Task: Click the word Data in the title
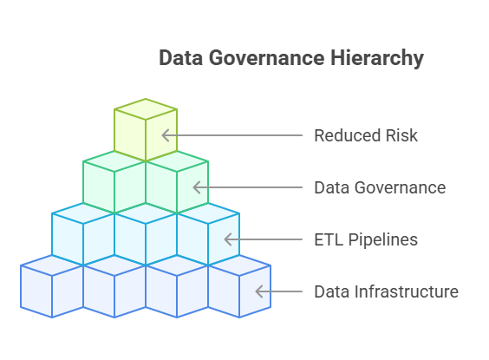[181, 58]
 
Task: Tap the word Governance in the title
[267, 58]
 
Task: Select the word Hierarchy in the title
[377, 59]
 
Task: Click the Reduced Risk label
[366, 135]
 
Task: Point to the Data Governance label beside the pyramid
[380, 187]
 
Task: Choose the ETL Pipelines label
[366, 239]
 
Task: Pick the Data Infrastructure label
[387, 291]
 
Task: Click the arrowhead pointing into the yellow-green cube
[166, 135]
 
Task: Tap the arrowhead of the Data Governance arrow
[197, 187]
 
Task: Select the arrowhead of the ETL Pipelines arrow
[228, 239]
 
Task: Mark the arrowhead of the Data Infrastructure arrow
[259, 291]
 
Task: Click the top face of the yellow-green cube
[146, 109]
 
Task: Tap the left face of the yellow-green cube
[130, 135]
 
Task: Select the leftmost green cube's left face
[99, 187]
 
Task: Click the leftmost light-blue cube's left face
[68, 239]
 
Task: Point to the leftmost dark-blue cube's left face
[36, 291]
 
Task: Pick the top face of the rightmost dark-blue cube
[239, 265]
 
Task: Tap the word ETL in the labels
[329, 239]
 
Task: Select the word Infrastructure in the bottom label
[407, 291]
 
